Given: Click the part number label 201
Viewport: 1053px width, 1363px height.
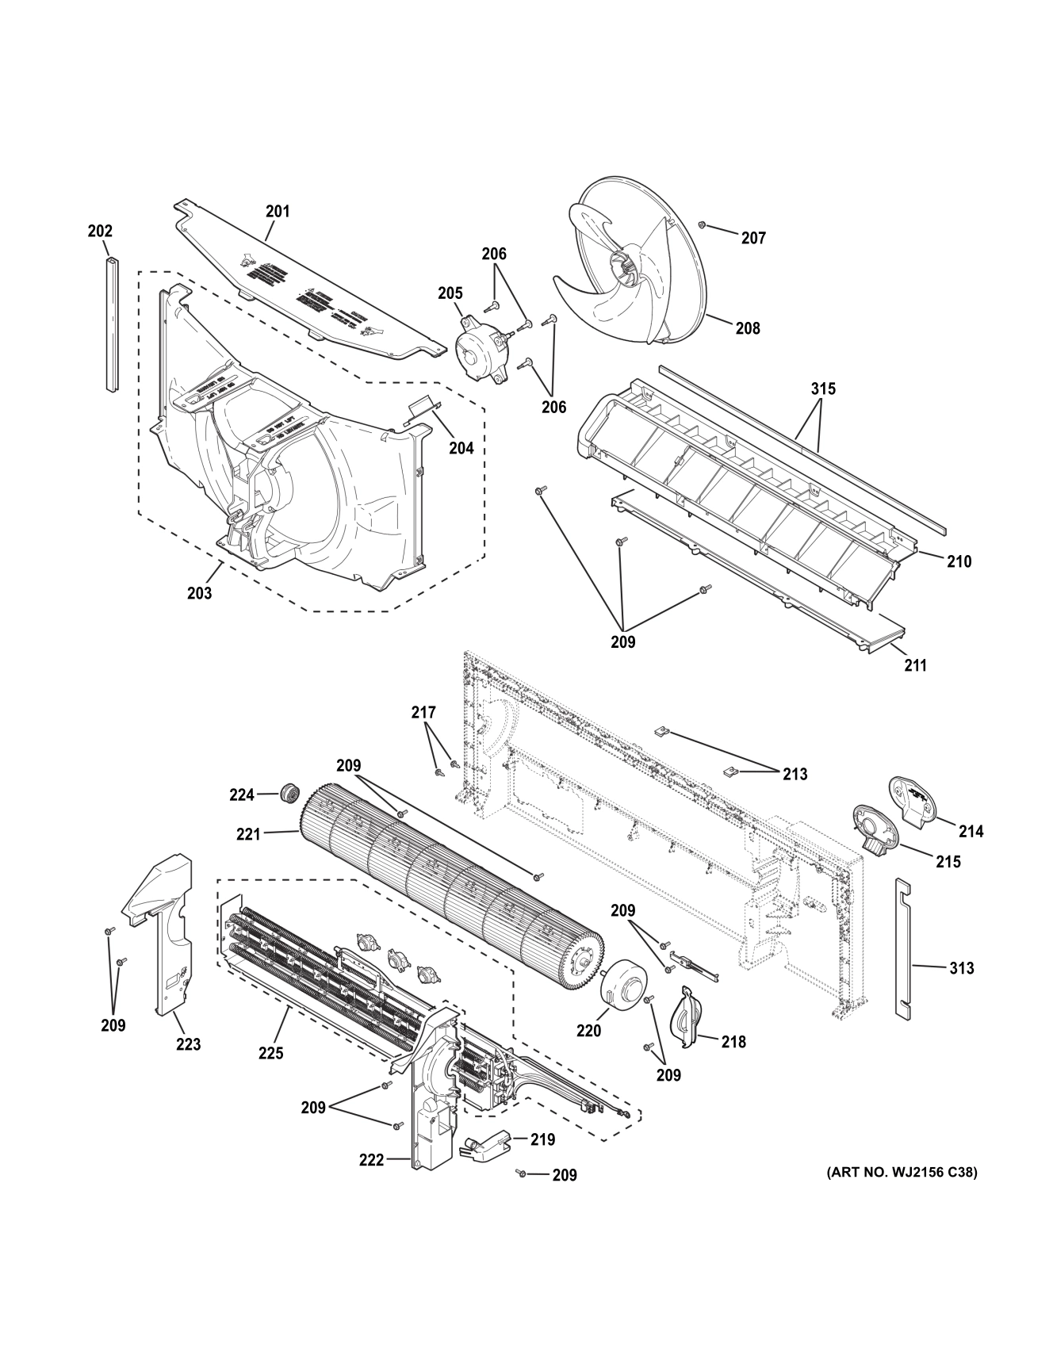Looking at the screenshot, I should click(278, 212).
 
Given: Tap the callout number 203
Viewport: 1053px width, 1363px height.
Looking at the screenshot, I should click(199, 592).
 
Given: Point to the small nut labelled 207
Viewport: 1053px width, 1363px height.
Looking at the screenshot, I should click(702, 226).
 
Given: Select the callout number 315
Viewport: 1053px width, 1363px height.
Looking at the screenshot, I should click(822, 389).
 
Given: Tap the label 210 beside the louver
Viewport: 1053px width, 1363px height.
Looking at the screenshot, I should click(959, 561).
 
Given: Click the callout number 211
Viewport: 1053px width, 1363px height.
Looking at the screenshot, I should click(915, 665).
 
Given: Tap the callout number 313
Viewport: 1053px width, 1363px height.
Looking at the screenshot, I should click(962, 968).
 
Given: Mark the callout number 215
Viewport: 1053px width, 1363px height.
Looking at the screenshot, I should click(948, 861).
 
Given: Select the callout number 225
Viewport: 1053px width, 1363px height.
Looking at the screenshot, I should click(270, 1053).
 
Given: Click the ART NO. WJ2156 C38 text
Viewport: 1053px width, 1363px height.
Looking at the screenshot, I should click(902, 1172).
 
